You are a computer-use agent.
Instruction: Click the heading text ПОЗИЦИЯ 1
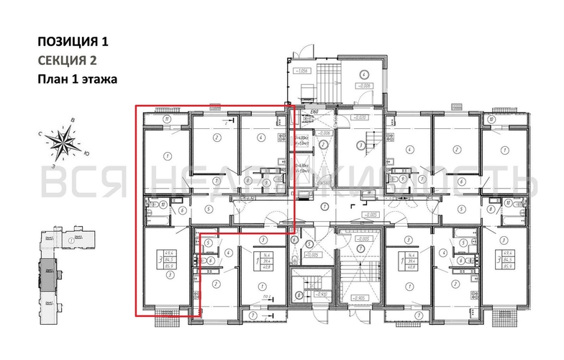(73, 41)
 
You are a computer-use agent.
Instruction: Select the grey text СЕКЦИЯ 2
(66, 60)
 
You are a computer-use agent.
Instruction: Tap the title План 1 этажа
(77, 78)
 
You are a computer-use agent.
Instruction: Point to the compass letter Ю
(87, 154)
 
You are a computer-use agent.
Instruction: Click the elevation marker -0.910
(310, 294)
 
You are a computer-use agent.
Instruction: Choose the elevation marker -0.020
(358, 117)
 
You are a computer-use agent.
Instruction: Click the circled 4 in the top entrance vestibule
(364, 74)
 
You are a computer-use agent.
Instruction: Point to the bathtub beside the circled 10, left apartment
(153, 204)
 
